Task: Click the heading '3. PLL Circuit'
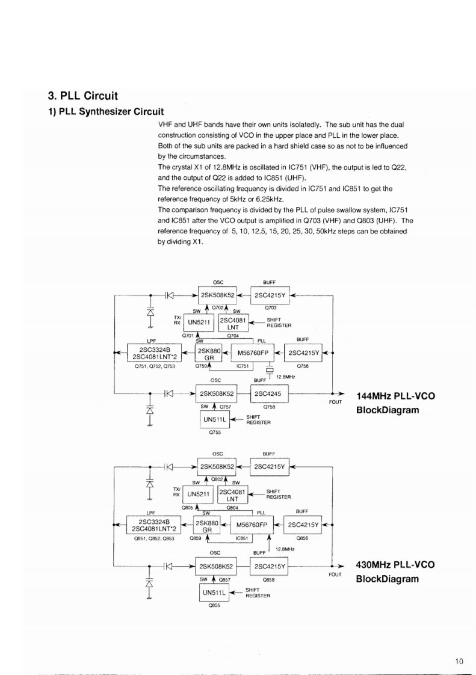[x=82, y=96]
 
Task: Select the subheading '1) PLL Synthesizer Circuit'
[x=107, y=111]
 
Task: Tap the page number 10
[x=459, y=662]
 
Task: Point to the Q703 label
[x=269, y=307]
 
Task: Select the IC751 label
[x=243, y=365]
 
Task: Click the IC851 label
[x=243, y=538]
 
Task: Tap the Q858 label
[x=269, y=580]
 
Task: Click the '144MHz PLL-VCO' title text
[x=395, y=396]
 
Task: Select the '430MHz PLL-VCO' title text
[x=395, y=565]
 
